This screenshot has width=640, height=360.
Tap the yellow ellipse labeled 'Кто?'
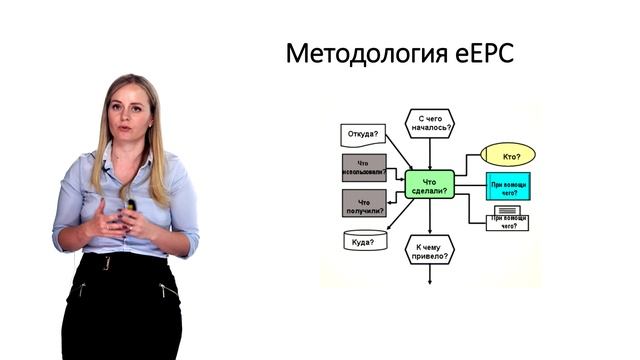click(x=509, y=155)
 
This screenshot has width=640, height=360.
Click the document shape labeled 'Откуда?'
click(x=363, y=133)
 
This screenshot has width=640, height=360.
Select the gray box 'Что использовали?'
click(x=363, y=166)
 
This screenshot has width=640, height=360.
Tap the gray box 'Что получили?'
click(x=363, y=203)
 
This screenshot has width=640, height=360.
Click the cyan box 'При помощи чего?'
click(x=509, y=186)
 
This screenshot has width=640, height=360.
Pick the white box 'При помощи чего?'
click(x=509, y=220)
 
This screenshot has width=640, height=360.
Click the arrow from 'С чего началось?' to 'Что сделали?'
click(x=430, y=154)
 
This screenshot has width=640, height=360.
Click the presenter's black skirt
click(x=120, y=310)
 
